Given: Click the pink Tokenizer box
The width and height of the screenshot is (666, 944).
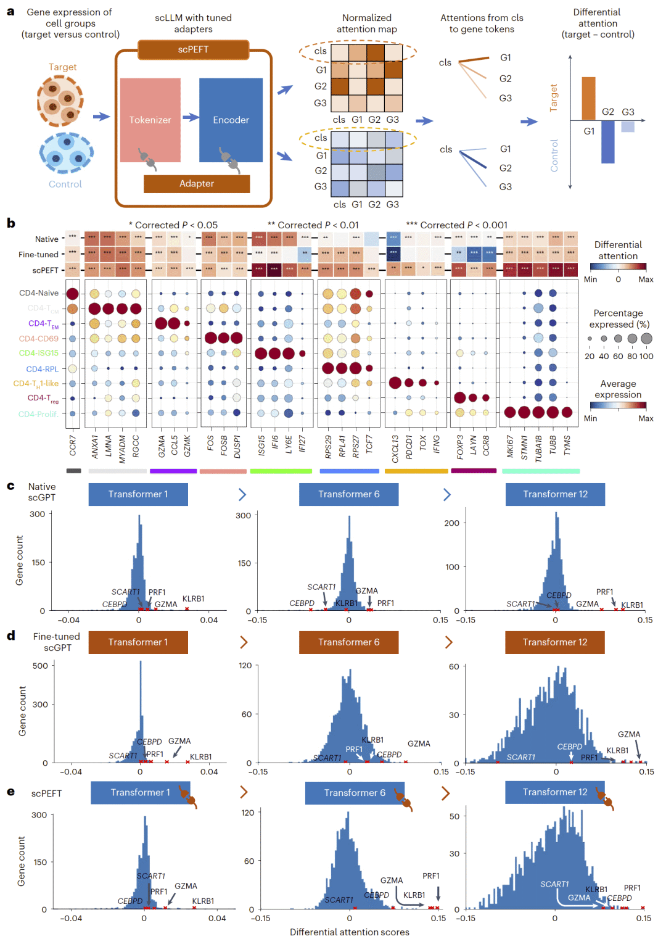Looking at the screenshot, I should [x=150, y=120].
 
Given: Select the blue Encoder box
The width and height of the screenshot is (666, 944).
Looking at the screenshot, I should [x=231, y=120].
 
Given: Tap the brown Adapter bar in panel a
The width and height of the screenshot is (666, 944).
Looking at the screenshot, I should [x=197, y=183].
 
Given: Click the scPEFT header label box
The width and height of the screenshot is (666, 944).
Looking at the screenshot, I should [x=193, y=49].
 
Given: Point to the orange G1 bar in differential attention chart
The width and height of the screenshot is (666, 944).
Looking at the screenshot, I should [x=588, y=99].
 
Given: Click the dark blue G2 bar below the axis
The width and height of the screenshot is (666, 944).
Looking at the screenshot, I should [x=608, y=141].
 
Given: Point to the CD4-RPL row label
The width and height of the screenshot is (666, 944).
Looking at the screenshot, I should [x=42, y=369].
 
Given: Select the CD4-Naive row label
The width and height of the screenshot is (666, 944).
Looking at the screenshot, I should [x=39, y=293].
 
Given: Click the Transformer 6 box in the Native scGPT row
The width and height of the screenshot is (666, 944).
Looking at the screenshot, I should [x=348, y=494].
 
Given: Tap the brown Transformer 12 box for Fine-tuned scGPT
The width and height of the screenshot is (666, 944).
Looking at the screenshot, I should [x=554, y=642].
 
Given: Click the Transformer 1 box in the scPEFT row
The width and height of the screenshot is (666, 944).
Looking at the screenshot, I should [x=140, y=792].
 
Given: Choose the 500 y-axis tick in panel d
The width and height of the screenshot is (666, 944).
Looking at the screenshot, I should [x=40, y=666].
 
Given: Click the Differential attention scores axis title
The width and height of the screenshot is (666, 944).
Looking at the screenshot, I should [x=349, y=932].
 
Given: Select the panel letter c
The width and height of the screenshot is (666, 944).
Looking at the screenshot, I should [x=10, y=486].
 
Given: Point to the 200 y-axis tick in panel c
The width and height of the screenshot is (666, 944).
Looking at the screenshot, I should [x=451, y=523].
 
